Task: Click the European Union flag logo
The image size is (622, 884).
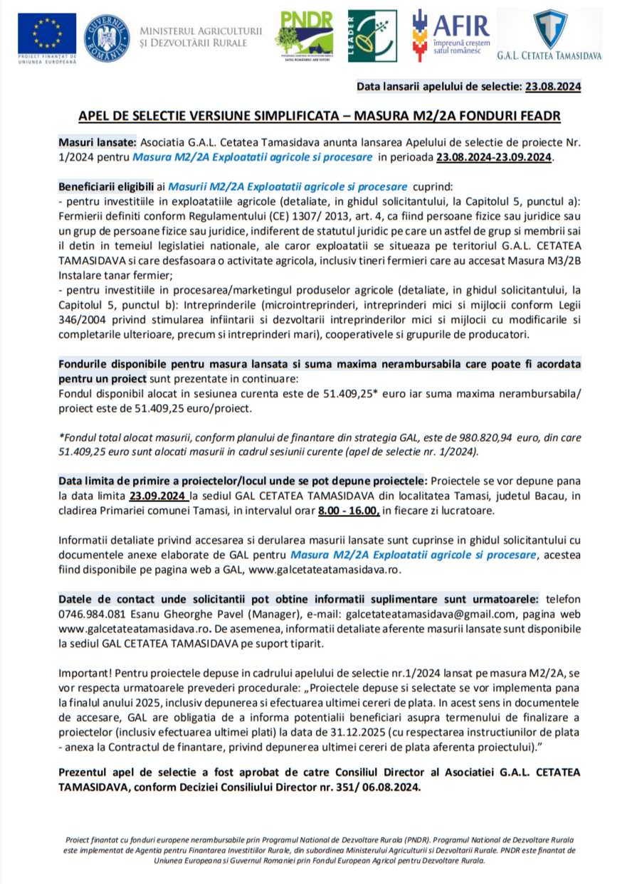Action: click(47, 34)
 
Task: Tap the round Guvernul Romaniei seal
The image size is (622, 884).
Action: click(107, 38)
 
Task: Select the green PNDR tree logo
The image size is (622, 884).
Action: click(304, 36)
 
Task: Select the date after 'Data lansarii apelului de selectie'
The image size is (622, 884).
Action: click(553, 87)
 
